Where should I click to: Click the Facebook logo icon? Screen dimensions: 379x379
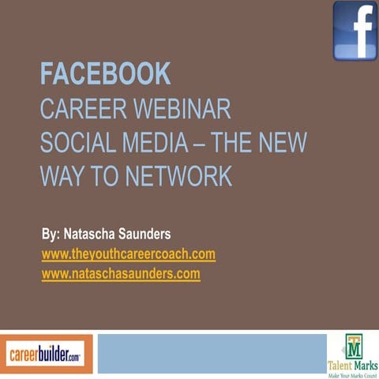(355, 30)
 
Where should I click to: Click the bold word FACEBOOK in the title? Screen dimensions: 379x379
(105, 74)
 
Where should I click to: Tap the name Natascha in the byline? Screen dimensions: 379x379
(95, 235)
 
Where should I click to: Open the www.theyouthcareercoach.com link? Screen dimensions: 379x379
(128, 254)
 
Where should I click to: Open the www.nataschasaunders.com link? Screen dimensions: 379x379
(120, 274)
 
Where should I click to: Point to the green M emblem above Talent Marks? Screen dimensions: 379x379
(352, 346)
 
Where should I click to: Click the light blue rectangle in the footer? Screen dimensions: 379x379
(211, 354)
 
